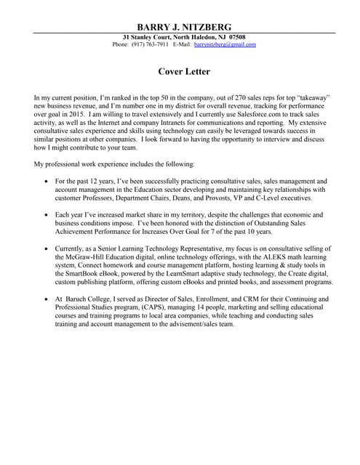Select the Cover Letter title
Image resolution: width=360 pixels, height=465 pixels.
pyautogui.click(x=184, y=72)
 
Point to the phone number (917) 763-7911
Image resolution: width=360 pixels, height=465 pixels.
pyautogui.click(x=150, y=44)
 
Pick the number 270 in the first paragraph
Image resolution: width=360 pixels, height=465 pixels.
pyautogui.click(x=204, y=97)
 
